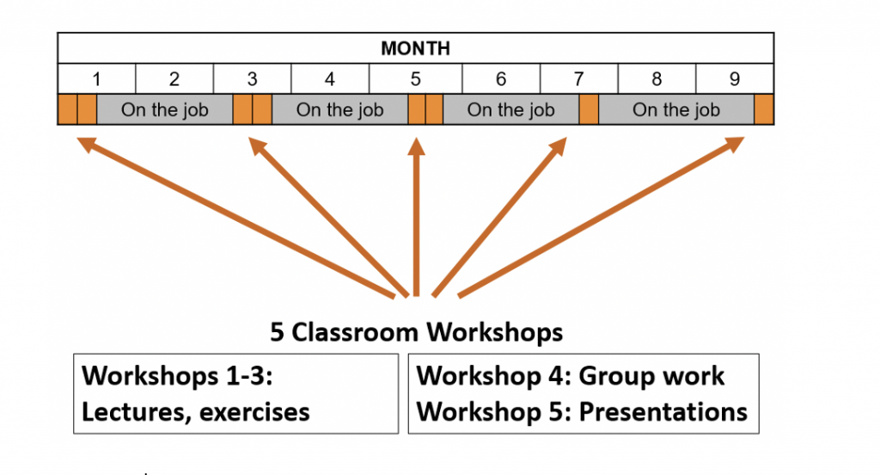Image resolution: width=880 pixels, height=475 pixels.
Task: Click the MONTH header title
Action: coord(415,48)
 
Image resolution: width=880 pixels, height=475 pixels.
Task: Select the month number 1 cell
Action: coord(96,78)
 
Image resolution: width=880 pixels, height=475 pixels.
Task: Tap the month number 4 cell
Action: coord(330,78)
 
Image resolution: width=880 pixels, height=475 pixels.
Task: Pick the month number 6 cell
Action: coord(501,78)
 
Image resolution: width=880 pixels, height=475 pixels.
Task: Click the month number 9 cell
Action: coord(735,78)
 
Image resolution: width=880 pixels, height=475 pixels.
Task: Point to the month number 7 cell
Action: coord(578,78)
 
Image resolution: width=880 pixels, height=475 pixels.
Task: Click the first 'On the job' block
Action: coord(165,109)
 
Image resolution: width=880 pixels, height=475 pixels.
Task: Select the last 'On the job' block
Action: coord(676,109)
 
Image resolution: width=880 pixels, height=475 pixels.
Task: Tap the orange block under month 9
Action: coord(764,109)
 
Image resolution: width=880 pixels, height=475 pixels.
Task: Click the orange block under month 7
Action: coord(589,109)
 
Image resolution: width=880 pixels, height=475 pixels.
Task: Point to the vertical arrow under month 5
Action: coord(416,217)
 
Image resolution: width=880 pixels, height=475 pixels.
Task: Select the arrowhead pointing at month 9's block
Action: coord(734,144)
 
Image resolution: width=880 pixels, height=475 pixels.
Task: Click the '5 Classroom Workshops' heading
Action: coord(417,331)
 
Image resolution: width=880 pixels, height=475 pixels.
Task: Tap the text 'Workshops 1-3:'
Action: coord(177,375)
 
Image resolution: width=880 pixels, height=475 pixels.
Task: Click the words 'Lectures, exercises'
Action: coord(195,412)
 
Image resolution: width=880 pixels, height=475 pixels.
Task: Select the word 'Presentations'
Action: coord(663,412)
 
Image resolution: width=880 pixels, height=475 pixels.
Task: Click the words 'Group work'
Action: coord(651,376)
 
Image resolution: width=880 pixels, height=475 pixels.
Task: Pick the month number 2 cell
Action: coord(174,78)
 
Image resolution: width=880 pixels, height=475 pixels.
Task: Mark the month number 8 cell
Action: coord(657,78)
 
